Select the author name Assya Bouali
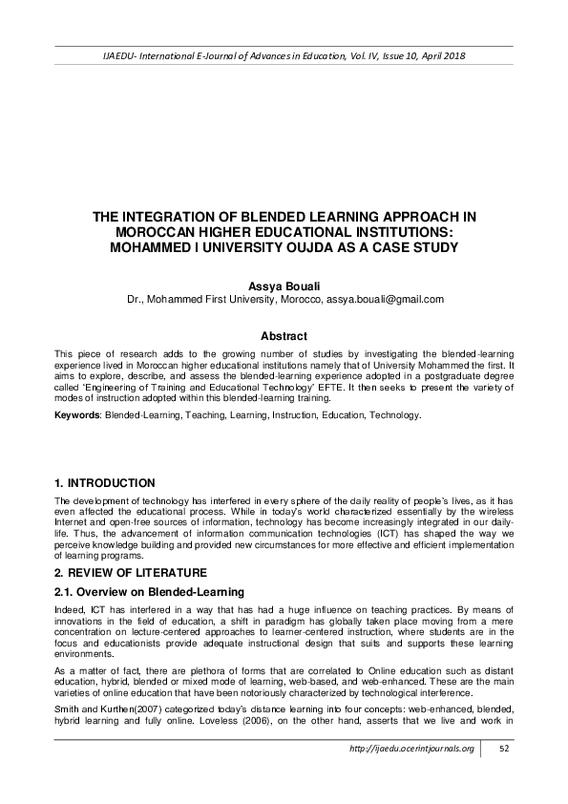click(x=284, y=286)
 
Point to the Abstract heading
click(x=284, y=336)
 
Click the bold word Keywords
click(x=76, y=416)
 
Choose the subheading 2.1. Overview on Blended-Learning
click(x=143, y=592)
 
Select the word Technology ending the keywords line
click(x=393, y=416)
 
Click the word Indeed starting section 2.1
click(x=70, y=609)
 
